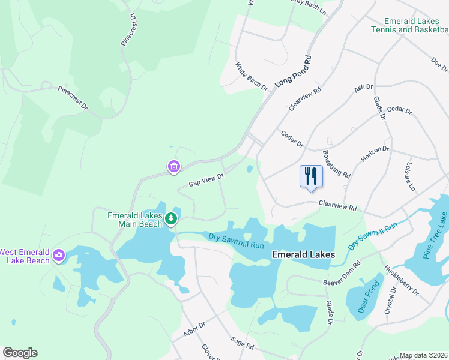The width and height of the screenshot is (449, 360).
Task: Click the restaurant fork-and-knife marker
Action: [311, 176]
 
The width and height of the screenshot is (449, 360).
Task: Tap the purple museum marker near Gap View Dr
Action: [174, 166]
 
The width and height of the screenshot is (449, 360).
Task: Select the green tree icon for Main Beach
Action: [172, 218]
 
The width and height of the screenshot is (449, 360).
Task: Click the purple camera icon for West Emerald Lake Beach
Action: [59, 256]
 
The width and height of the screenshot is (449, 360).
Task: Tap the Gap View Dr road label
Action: [206, 179]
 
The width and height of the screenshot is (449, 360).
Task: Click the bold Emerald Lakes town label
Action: [303, 254]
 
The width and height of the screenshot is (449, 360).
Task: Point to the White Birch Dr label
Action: [252, 77]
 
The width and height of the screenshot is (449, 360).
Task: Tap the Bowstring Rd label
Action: [336, 164]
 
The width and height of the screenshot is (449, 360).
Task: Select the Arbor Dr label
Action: [194, 329]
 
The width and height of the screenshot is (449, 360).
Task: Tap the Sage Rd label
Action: [243, 343]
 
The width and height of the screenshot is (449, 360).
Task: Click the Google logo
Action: [20, 353]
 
